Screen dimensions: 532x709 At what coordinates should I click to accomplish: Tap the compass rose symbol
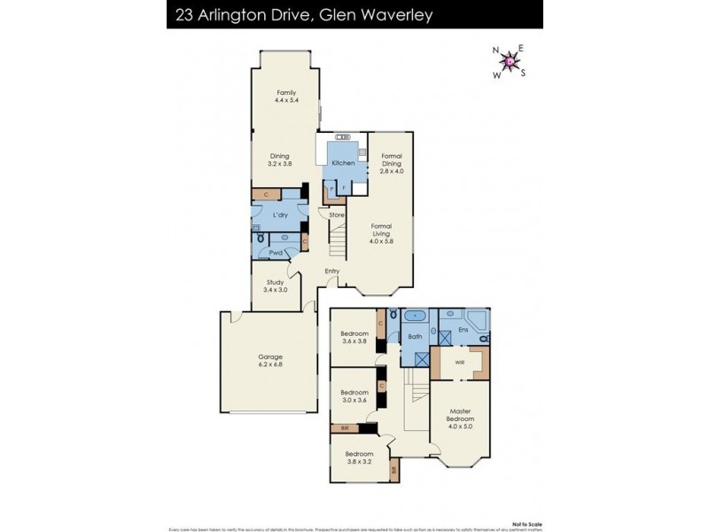point(510,61)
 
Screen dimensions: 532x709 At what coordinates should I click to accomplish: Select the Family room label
point(285,97)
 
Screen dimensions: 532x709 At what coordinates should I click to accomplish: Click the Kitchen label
point(343,163)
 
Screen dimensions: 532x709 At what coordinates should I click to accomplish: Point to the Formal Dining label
point(392,166)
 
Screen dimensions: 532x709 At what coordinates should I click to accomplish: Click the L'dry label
point(281,215)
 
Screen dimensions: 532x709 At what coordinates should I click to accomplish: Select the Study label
point(275,286)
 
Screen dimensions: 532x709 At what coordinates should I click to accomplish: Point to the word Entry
point(332,270)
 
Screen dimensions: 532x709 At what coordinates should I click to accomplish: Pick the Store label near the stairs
point(336,215)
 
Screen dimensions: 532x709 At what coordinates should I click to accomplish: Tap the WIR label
point(460,362)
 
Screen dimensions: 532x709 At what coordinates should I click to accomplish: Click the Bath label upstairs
point(413,337)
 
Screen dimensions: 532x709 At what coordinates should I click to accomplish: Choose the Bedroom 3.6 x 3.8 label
point(354,338)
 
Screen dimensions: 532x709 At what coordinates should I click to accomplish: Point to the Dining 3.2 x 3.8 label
point(280,160)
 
